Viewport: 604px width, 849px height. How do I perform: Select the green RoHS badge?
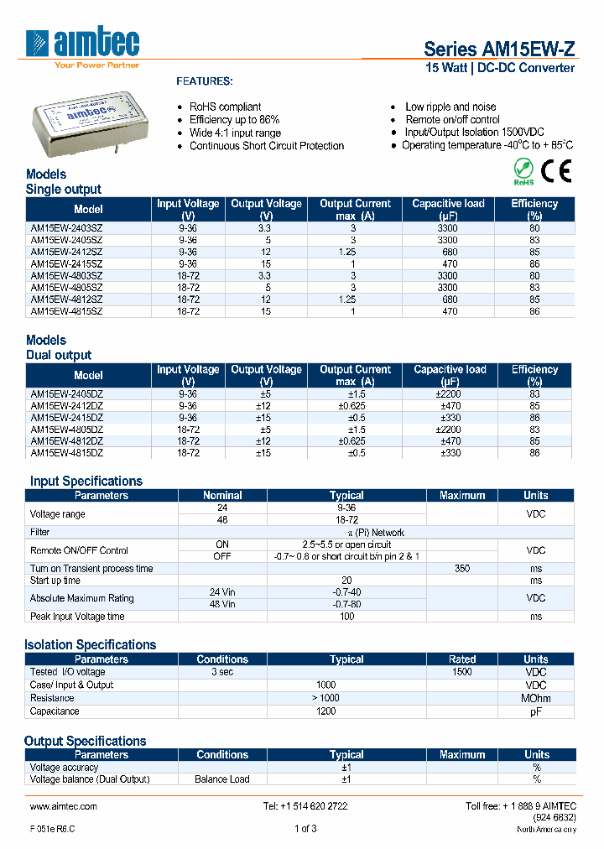pyautogui.click(x=523, y=172)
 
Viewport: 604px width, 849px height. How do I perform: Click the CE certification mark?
pyautogui.click(x=555, y=171)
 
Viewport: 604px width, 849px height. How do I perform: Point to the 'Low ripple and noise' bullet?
pyautogui.click(x=450, y=107)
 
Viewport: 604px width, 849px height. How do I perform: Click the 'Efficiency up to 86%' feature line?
pyautogui.click(x=234, y=120)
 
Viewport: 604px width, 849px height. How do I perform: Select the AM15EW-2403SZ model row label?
pyautogui.click(x=66, y=227)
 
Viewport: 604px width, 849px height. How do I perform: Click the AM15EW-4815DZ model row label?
pyautogui.click(x=67, y=453)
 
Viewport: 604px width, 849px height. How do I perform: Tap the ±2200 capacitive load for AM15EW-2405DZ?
pyautogui.click(x=450, y=393)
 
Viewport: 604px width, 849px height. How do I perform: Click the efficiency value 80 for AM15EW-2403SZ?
pyautogui.click(x=534, y=227)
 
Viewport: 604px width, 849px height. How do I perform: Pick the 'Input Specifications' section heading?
pyautogui.click(x=86, y=482)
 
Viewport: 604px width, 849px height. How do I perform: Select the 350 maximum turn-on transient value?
pyautogui.click(x=461, y=568)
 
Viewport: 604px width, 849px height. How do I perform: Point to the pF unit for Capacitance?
pyautogui.click(x=535, y=711)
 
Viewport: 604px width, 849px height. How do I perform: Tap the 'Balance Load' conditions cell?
pyautogui.click(x=222, y=779)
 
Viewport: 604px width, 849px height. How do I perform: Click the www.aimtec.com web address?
pyautogui.click(x=64, y=806)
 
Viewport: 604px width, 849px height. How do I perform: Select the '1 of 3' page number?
pyautogui.click(x=305, y=829)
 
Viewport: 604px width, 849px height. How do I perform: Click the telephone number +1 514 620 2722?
pyautogui.click(x=305, y=806)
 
